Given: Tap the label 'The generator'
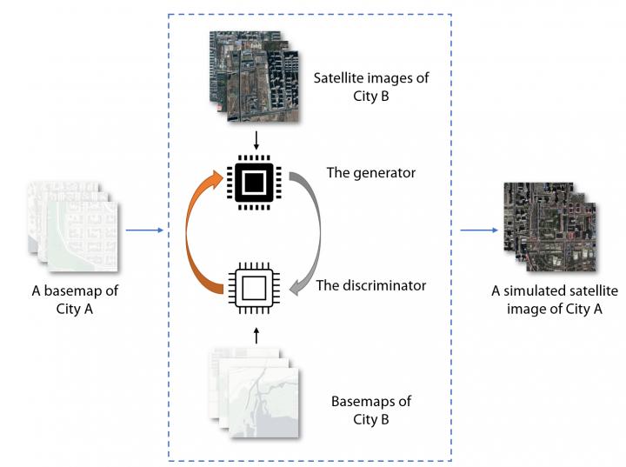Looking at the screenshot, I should (x=371, y=173).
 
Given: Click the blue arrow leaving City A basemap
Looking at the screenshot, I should (x=143, y=230).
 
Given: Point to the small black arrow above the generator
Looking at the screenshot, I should (x=254, y=139).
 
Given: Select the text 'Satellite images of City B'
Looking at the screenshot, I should (x=370, y=87).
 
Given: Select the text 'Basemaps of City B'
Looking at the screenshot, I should (x=370, y=410).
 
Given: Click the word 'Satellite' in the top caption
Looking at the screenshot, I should (x=342, y=78).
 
